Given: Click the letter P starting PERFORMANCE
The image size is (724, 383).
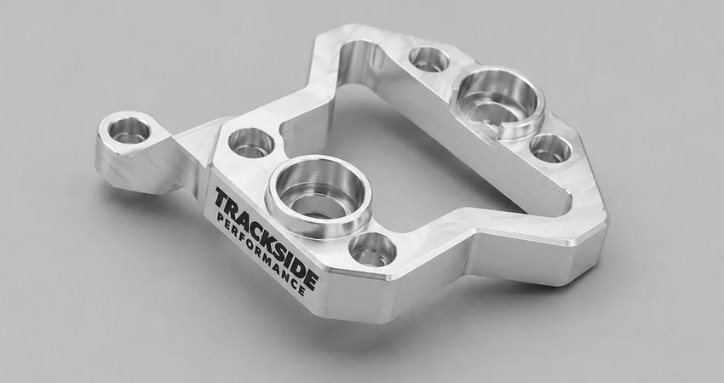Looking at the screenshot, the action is (220, 218).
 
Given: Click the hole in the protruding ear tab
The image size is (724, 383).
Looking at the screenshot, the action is (129, 130).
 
